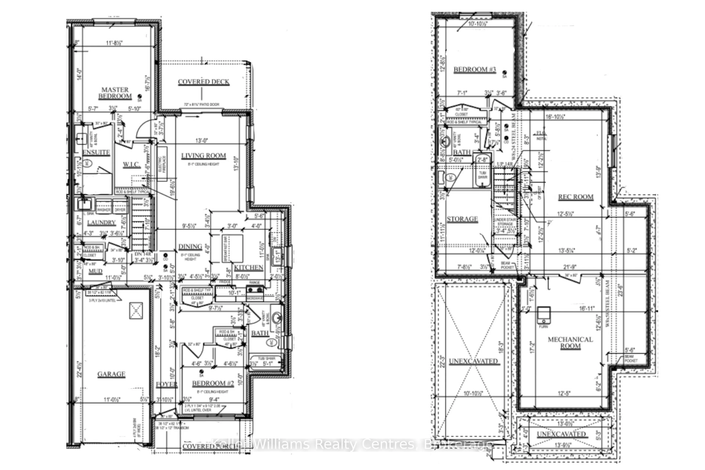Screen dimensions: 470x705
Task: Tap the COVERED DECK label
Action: [x=204, y=82]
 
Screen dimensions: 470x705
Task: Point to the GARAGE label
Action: [x=111, y=374]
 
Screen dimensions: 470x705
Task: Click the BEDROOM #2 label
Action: [x=213, y=383]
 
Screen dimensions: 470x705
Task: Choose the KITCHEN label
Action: [x=248, y=268]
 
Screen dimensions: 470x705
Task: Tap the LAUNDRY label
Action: [x=101, y=222]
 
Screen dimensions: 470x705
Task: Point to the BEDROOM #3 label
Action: [x=474, y=70]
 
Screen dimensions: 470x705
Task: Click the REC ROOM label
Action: [x=576, y=197]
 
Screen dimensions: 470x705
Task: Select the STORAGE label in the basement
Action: [x=462, y=219]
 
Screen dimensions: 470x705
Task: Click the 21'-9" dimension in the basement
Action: [x=570, y=267]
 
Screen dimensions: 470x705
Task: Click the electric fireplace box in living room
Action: [x=162, y=164]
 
